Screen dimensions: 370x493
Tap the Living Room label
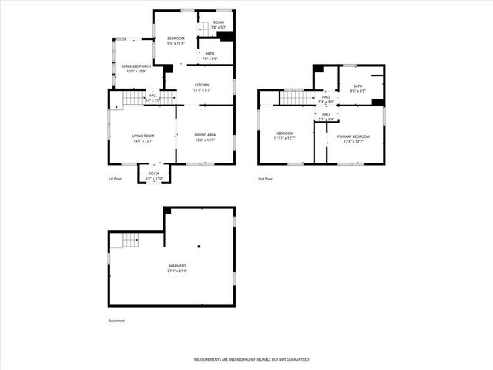tap(143, 138)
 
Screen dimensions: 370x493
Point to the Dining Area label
tap(205, 137)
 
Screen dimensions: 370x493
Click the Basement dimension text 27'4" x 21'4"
tap(177, 268)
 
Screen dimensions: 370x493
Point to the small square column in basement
tap(199, 247)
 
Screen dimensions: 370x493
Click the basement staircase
tap(126, 240)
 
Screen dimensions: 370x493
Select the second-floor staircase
tap(293, 96)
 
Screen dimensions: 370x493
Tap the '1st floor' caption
tap(115, 179)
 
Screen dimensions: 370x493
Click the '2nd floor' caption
tap(266, 179)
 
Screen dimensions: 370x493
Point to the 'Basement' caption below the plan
tap(116, 321)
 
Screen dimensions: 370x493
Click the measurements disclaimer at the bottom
tap(251, 359)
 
